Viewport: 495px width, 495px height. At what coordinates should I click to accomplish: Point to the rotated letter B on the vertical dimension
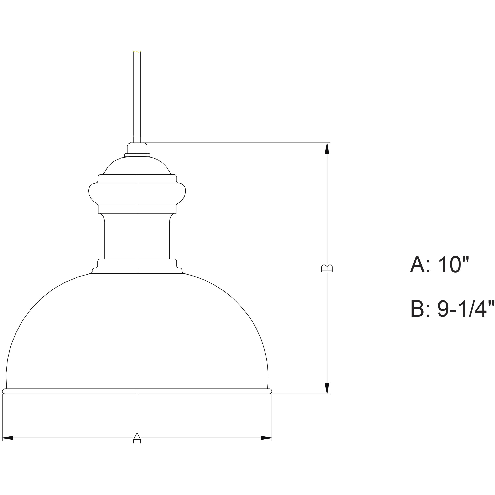point(327,268)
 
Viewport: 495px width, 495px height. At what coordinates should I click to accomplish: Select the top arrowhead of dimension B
point(327,148)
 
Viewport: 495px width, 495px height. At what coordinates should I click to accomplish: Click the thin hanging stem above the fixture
point(137,97)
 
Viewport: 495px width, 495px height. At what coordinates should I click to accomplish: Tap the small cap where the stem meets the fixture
point(137,149)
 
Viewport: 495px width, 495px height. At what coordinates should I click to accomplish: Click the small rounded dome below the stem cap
point(137,166)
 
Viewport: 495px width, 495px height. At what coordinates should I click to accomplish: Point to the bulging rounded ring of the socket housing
point(137,193)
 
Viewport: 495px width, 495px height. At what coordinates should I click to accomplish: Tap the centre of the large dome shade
point(137,333)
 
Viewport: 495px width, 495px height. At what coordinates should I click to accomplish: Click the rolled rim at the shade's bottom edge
point(137,391)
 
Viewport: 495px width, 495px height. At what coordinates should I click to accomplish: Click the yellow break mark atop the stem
point(137,52)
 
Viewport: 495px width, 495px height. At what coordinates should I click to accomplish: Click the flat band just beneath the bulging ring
point(137,209)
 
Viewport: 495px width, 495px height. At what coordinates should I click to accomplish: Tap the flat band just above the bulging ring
point(137,179)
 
